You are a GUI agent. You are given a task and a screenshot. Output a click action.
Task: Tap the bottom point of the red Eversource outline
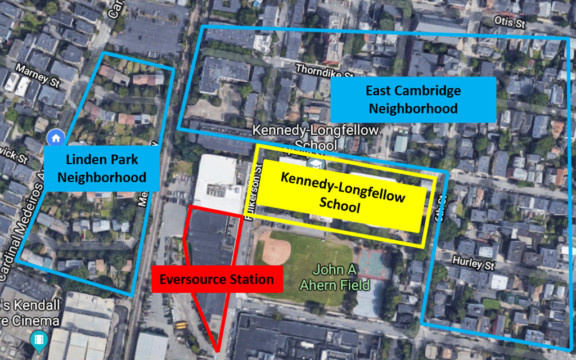[215, 349]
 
